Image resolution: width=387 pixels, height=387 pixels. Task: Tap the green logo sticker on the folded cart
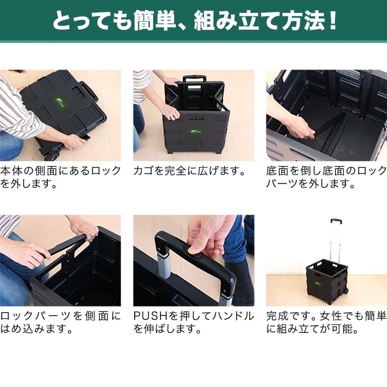point(58,102)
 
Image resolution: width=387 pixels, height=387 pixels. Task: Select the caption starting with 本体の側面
point(60,177)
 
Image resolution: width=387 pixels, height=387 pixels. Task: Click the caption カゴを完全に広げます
point(189,171)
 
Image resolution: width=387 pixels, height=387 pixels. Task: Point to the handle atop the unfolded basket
point(194,80)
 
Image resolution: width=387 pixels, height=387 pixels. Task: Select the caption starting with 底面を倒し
point(326,177)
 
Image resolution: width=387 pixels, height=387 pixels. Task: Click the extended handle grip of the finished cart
point(336,221)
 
